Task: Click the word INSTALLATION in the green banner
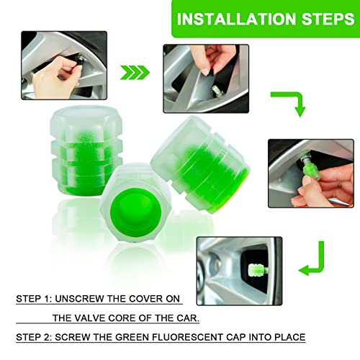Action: click(236, 19)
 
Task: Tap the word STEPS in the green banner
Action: click(328, 19)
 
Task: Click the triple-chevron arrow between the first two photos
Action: click(135, 72)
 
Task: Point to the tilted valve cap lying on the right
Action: click(200, 164)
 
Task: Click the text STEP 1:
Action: click(34, 299)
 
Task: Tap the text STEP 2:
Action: click(34, 337)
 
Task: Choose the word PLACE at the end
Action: click(290, 337)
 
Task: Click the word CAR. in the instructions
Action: click(188, 318)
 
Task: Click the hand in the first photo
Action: click(57, 77)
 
